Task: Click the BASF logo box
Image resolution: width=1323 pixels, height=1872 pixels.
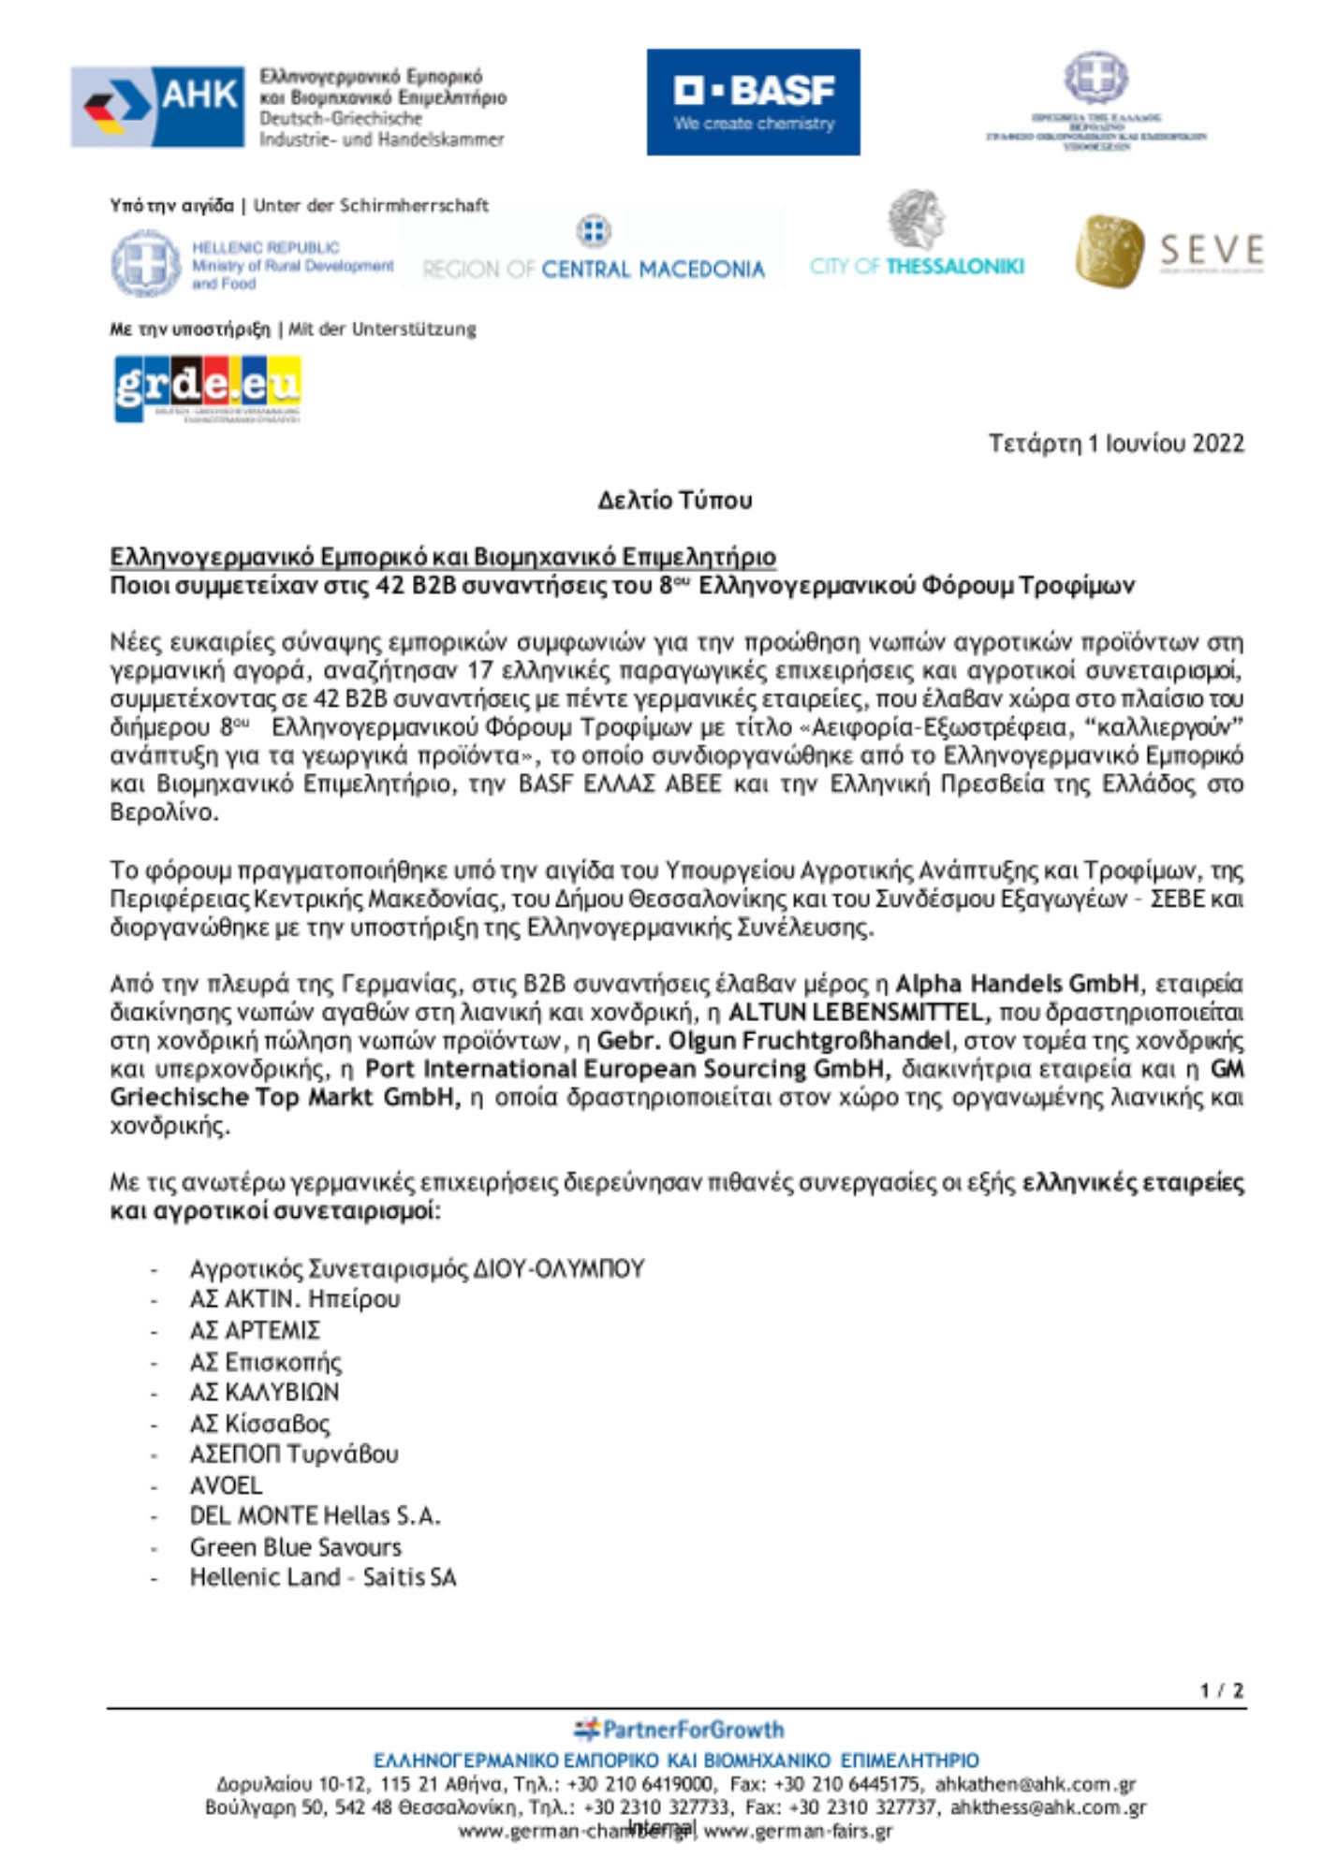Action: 753,102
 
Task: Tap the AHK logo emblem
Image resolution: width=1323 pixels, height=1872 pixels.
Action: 157,106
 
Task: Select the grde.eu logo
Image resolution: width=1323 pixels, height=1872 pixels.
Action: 207,388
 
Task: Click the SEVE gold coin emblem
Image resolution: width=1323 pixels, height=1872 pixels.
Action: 1110,251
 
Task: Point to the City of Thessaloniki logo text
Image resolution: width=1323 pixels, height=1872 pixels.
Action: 917,267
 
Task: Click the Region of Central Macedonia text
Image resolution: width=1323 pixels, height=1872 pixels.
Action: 594,270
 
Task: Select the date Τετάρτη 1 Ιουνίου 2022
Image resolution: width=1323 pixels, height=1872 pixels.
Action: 1116,443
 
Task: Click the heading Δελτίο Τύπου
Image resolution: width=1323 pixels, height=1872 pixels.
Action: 674,501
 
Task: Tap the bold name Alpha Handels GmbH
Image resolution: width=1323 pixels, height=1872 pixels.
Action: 1017,984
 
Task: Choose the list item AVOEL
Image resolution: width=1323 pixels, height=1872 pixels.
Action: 226,1485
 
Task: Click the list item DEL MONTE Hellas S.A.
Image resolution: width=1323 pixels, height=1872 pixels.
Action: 315,1515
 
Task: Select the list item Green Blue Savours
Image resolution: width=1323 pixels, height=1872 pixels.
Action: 295,1547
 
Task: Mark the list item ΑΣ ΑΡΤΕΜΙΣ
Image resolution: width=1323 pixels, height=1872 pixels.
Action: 255,1330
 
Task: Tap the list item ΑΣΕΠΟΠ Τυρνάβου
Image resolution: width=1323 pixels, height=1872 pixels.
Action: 294,1454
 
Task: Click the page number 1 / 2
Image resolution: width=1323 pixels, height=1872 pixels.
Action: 1222,1690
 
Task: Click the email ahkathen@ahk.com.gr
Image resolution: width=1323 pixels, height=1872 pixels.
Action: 1035,1785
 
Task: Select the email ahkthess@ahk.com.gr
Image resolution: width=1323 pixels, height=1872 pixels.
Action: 1048,1807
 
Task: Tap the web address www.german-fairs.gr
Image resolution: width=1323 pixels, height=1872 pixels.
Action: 798,1831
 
